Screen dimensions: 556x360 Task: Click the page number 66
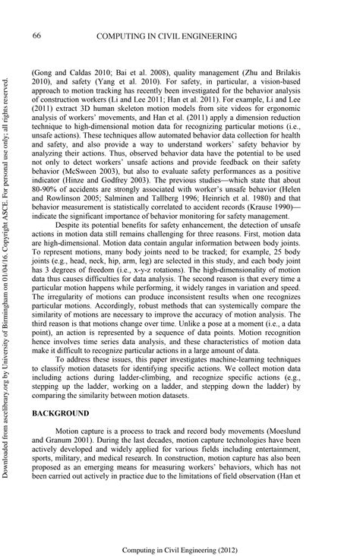pos(36,35)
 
